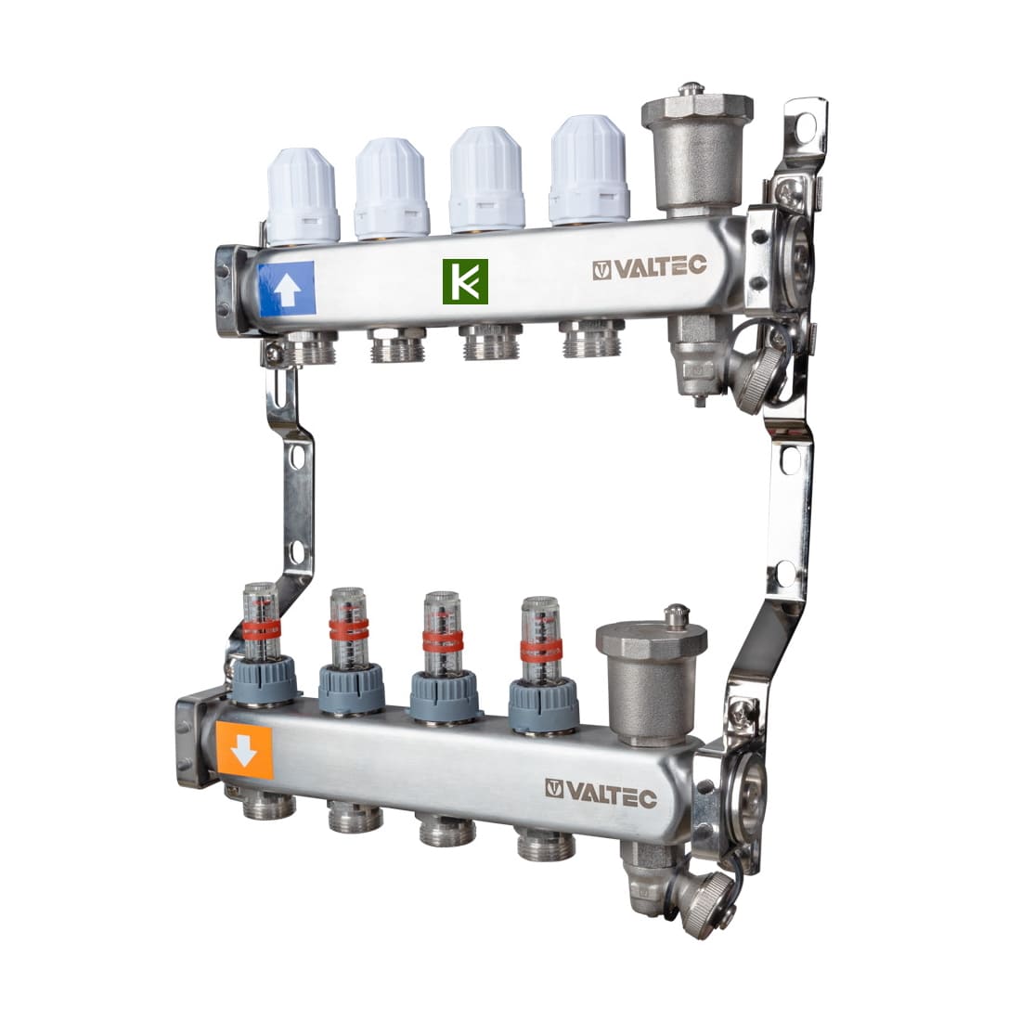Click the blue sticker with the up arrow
(287, 289)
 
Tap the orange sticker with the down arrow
(244, 751)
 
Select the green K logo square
(465, 281)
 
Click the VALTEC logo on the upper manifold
(649, 267)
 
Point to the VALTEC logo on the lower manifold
(601, 793)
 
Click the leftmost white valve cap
(304, 195)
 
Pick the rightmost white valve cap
(588, 170)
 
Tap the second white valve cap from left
(392, 187)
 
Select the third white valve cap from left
(487, 179)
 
